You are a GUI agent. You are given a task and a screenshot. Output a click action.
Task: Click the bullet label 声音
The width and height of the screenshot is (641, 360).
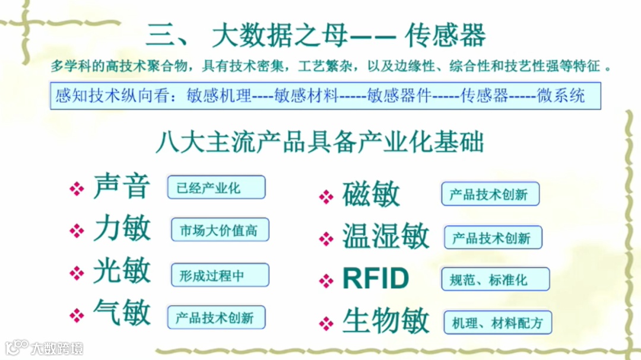tap(122, 187)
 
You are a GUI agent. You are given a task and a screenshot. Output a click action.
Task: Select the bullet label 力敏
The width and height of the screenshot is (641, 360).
tap(122, 230)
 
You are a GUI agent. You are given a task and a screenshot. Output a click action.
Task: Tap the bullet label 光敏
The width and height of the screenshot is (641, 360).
tap(122, 272)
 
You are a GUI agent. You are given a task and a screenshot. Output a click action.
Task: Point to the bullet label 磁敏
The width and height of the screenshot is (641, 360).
tap(371, 195)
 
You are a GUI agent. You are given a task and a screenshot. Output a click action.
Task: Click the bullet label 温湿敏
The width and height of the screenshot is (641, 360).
tap(385, 237)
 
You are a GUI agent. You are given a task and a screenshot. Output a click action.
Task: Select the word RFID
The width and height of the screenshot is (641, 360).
tap(376, 279)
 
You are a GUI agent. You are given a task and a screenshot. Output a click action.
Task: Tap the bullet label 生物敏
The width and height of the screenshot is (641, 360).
tap(385, 321)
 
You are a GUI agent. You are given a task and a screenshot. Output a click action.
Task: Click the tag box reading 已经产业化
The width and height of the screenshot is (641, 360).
tap(216, 188)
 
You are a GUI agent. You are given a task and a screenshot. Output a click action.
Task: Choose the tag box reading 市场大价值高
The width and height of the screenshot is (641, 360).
tap(220, 230)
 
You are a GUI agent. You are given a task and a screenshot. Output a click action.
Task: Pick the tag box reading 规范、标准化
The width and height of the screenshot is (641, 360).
tap(495, 279)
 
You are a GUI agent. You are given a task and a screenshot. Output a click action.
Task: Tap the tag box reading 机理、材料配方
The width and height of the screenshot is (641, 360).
tap(497, 323)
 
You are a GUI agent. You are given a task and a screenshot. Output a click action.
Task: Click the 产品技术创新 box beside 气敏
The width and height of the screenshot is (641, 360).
tap(215, 317)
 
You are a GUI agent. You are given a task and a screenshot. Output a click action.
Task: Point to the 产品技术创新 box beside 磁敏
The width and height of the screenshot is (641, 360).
tap(490, 194)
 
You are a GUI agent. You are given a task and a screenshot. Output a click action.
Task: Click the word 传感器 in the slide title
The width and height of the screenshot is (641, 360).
tap(445, 36)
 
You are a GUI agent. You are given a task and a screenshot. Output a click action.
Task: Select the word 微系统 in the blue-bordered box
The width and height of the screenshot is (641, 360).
tap(561, 95)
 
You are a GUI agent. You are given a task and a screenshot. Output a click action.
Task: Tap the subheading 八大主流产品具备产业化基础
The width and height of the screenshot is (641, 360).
tap(319, 142)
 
